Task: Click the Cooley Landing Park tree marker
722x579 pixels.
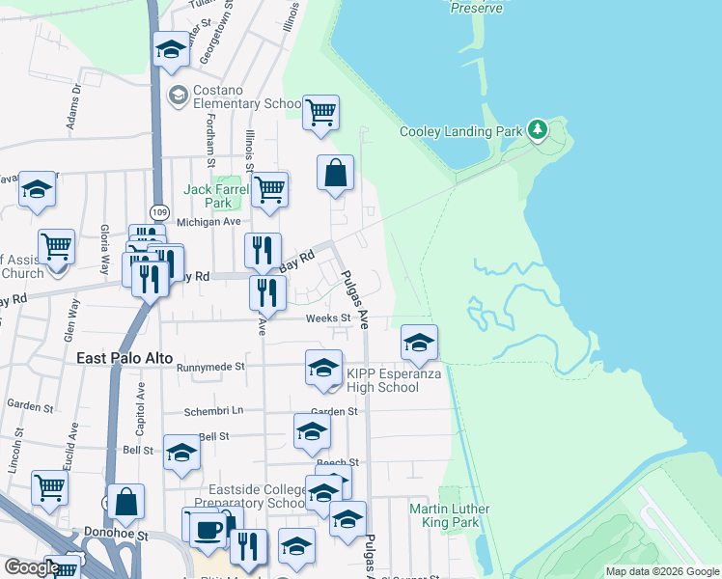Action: pyautogui.click(x=538, y=129)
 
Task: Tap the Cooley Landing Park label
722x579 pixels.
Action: pyautogui.click(x=461, y=132)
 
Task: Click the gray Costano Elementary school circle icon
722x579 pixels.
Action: pyautogui.click(x=178, y=95)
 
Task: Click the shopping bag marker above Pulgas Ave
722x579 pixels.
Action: pyautogui.click(x=335, y=175)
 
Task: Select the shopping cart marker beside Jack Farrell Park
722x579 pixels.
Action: pyautogui.click(x=270, y=189)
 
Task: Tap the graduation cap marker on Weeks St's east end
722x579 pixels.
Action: pyautogui.click(x=419, y=343)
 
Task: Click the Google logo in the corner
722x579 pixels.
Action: pyautogui.click(x=31, y=567)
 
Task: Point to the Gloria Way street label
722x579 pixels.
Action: pyautogui.click(x=103, y=248)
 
